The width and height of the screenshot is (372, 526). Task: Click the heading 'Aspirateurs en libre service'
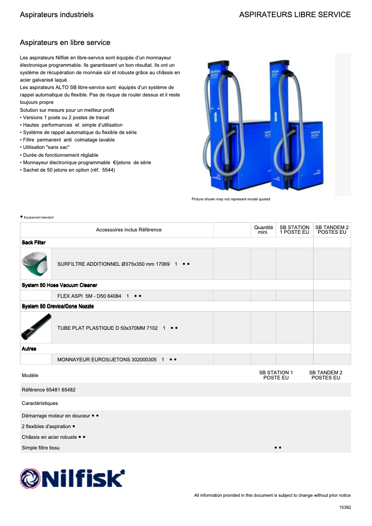[65, 43]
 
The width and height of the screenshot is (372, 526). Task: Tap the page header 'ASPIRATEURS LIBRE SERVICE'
[295, 15]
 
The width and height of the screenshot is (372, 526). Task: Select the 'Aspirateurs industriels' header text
[57, 15]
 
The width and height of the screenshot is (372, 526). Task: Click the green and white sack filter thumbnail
[35, 263]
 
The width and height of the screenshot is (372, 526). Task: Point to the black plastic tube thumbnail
[36, 327]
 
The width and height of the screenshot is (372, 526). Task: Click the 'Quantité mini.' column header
[263, 230]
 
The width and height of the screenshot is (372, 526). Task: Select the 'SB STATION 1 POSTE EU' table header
[294, 230]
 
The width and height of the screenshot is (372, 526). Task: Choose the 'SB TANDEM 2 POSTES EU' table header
[332, 230]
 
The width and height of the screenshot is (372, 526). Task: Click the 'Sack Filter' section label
[33, 243]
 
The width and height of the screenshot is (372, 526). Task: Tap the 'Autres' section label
[29, 348]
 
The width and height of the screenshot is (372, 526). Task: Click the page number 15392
[345, 507]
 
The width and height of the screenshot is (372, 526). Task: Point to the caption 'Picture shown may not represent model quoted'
[231, 199]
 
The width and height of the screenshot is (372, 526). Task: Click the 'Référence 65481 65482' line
[49, 390]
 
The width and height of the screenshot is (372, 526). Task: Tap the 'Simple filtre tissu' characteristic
[41, 448]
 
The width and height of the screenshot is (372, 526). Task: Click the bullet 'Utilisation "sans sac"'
[45, 147]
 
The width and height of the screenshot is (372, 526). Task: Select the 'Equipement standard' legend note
[38, 217]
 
